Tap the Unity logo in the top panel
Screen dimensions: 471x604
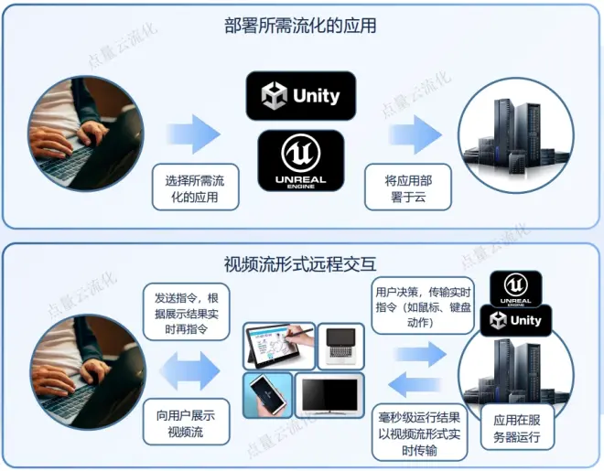(x=300, y=95)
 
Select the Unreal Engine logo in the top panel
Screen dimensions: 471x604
(x=300, y=161)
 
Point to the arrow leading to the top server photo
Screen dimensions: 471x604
(x=411, y=134)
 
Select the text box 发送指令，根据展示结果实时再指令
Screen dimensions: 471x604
(x=186, y=312)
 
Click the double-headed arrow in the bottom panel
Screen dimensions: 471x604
(x=189, y=371)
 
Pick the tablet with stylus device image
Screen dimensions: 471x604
(x=278, y=346)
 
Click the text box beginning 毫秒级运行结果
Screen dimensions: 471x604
(x=420, y=430)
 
